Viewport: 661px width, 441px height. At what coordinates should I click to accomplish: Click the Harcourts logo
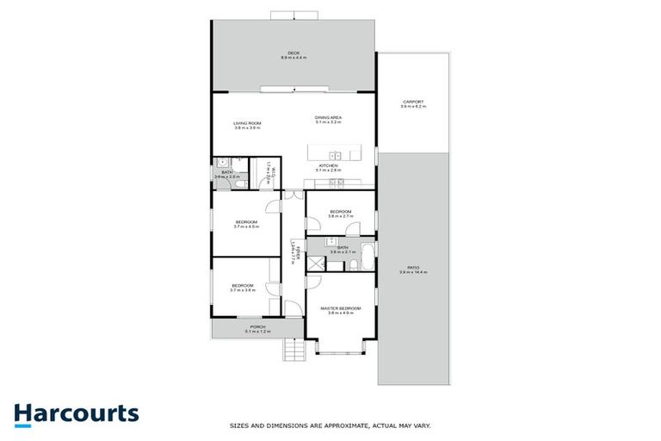pos(77,413)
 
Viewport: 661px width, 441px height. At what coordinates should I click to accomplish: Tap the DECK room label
pos(293,53)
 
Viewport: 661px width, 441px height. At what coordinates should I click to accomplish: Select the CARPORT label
pos(412,102)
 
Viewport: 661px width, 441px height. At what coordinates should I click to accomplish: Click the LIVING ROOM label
pos(247,123)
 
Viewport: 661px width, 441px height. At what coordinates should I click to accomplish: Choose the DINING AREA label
pos(329,117)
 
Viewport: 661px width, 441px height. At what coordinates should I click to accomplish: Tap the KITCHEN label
pos(329,165)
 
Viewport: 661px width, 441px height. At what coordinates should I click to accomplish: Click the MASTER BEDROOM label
pos(341,307)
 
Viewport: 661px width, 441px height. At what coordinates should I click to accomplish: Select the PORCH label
pos(257,326)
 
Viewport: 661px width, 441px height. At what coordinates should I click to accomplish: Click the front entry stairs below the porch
pos(293,350)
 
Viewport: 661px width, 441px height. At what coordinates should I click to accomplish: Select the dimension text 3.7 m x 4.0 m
pos(247,227)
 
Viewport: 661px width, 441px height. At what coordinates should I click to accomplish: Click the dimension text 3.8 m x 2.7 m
pos(340,216)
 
